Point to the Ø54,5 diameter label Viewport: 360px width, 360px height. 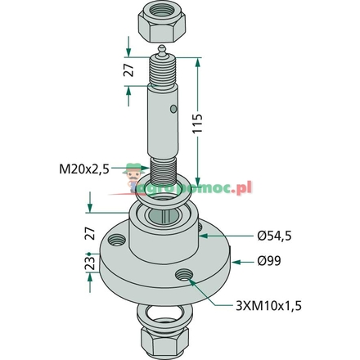coord(276,236)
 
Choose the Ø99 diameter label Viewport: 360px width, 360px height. coord(268,263)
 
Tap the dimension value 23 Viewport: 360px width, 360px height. coord(91,263)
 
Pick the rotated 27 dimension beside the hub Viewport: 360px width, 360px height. coord(91,232)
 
